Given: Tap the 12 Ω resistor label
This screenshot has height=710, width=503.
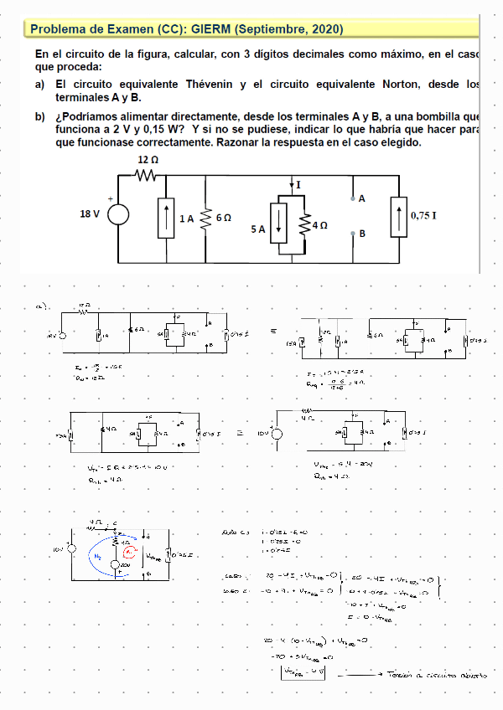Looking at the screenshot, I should click(148, 159).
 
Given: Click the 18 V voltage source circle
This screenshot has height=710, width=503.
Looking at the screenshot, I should click(117, 214).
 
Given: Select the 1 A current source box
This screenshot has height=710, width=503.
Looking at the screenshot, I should click(165, 217).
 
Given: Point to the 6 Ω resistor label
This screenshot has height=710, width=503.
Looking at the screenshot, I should click(223, 217).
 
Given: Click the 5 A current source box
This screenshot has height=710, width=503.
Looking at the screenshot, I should click(279, 224).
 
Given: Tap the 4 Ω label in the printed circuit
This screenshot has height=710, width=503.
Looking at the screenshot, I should click(319, 226).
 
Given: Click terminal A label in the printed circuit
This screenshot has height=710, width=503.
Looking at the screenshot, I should click(362, 199).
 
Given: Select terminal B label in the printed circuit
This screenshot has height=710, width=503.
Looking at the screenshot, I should click(362, 234).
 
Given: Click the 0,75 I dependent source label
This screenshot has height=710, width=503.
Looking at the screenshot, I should click(423, 215).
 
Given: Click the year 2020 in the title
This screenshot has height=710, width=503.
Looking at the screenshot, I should click(324, 29).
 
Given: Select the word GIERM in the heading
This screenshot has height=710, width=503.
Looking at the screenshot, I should click(210, 29).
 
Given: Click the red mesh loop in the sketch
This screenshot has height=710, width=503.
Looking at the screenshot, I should click(128, 553).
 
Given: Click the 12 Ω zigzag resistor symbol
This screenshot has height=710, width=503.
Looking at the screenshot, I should click(148, 175).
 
